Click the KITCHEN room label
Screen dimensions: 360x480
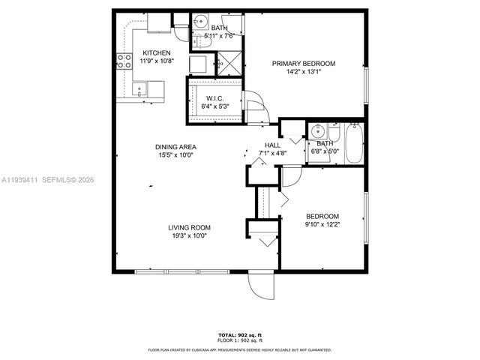[157, 52]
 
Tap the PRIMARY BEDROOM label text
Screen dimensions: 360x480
[304, 64]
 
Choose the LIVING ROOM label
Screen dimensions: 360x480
[189, 227]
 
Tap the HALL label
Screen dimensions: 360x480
[272, 145]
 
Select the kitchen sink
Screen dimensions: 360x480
[139, 89]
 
